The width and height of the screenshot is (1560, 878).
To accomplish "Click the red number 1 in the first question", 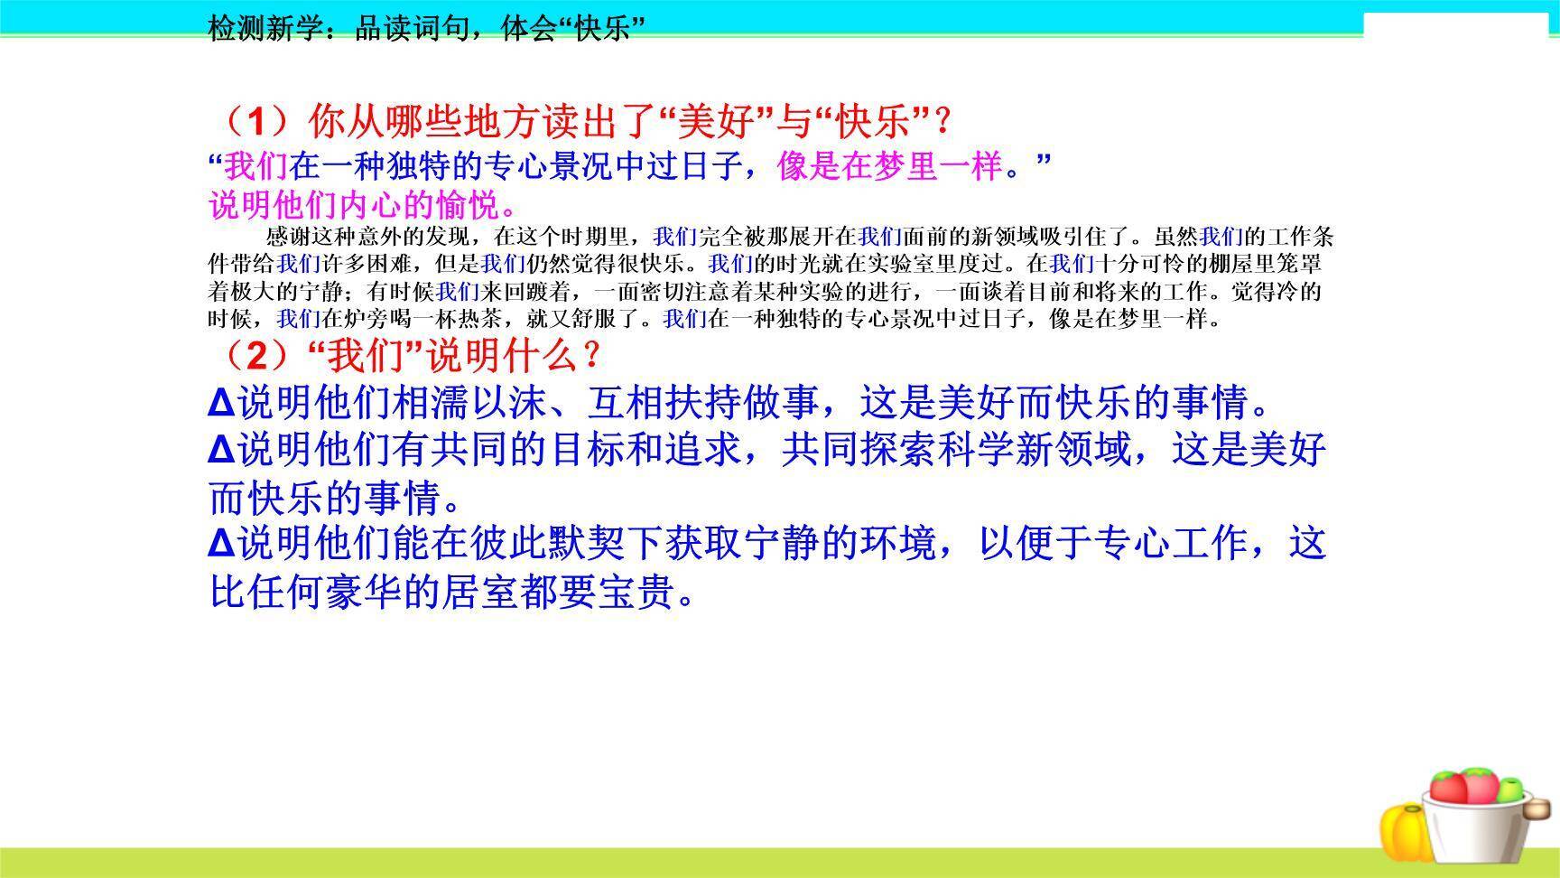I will [259, 120].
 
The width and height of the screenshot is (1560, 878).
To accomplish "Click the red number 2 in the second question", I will [258, 357].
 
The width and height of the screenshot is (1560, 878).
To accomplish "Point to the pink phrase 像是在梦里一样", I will [889, 166].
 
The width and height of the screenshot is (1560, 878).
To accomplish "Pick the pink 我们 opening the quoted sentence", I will [256, 166].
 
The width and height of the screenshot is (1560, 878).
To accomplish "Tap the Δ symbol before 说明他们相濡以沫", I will [221, 403].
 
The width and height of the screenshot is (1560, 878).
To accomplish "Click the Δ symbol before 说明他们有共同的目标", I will [221, 450].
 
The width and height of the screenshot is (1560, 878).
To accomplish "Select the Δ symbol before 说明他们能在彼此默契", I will [221, 545].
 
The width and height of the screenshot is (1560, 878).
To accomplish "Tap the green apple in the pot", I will [1507, 789].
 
